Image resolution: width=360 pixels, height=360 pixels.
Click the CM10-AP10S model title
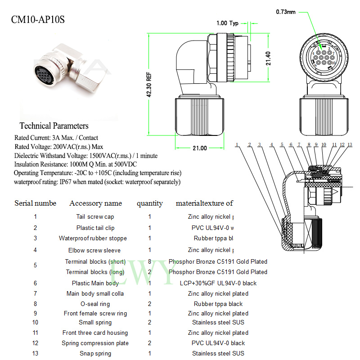[40, 20]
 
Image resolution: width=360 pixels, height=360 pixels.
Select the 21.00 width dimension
[200, 148]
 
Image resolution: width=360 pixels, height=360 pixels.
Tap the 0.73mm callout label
[286, 12]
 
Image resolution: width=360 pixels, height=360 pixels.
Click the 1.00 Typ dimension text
[227, 23]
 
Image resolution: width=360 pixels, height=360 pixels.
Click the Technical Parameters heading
[54, 126]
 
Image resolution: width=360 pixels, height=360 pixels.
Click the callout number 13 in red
[350, 145]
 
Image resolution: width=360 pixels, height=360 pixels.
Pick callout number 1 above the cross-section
[236, 145]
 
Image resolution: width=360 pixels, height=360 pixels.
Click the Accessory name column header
[95, 203]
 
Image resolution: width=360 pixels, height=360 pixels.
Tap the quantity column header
[150, 203]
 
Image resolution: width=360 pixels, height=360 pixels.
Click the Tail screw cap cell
[95, 217]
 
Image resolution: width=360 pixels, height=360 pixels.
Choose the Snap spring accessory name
[95, 354]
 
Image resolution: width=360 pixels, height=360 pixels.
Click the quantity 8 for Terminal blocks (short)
[150, 261]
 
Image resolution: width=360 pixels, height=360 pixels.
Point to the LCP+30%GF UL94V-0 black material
[218, 283]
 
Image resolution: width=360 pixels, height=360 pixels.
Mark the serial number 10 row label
[35, 322]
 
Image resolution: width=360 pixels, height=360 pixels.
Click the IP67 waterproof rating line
[97, 182]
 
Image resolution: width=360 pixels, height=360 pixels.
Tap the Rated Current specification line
[56, 138]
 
